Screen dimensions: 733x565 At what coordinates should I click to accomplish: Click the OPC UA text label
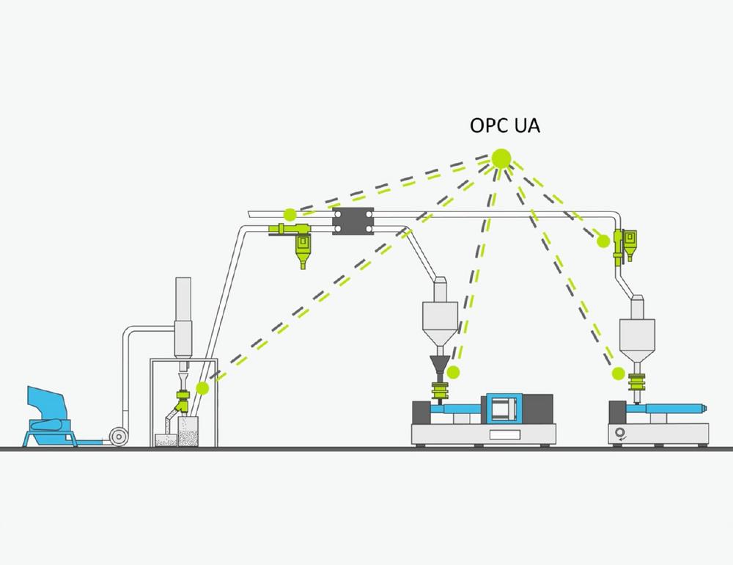tap(505, 125)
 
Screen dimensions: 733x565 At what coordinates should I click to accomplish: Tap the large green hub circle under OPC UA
tap(501, 158)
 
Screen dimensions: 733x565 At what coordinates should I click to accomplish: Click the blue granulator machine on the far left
tap(50, 417)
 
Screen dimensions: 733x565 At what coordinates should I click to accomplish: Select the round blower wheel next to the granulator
tap(119, 437)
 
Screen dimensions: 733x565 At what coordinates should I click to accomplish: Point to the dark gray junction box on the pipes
tap(353, 221)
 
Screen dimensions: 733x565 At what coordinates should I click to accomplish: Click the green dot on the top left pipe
tap(290, 215)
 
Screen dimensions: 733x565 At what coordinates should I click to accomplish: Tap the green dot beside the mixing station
tap(202, 388)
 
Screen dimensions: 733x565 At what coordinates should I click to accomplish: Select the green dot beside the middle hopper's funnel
tap(453, 373)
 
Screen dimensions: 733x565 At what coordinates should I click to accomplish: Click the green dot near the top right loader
tap(603, 241)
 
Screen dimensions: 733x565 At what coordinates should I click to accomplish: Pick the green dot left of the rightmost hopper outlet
tap(619, 373)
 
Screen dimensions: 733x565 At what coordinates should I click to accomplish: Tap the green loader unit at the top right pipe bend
tap(625, 245)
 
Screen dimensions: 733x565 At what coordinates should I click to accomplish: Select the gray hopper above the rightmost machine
tap(637, 330)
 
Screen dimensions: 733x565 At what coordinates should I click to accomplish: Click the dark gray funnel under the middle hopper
tap(439, 364)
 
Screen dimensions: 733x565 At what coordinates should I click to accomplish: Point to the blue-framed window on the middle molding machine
tap(504, 408)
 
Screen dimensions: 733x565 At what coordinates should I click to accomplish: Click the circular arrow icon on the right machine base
tap(620, 434)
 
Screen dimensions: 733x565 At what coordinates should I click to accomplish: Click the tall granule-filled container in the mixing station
tap(188, 431)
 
